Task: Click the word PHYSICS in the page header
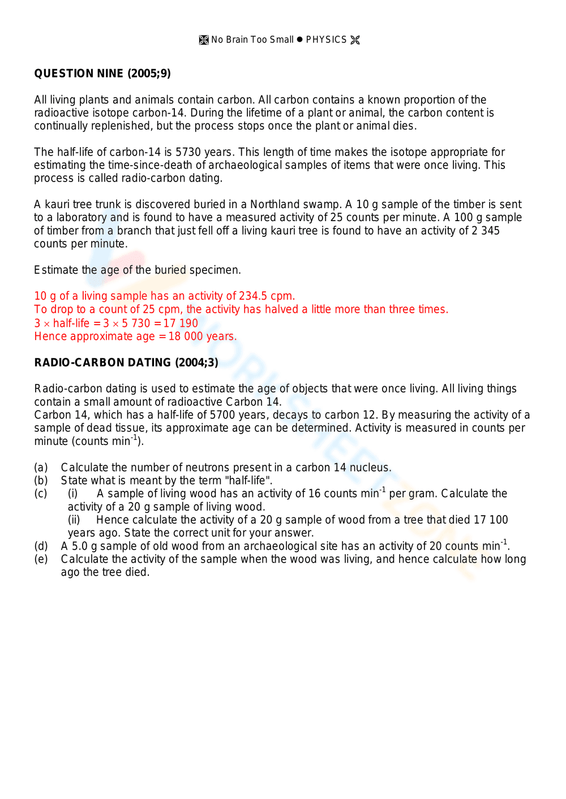click(326, 40)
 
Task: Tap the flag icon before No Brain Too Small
click(204, 40)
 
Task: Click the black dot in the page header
click(300, 40)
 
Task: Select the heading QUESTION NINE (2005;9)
click(102, 74)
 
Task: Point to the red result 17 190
click(181, 323)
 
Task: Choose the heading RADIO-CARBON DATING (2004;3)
click(126, 362)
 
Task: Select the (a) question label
click(41, 467)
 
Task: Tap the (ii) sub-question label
click(74, 520)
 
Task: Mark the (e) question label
click(41, 559)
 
